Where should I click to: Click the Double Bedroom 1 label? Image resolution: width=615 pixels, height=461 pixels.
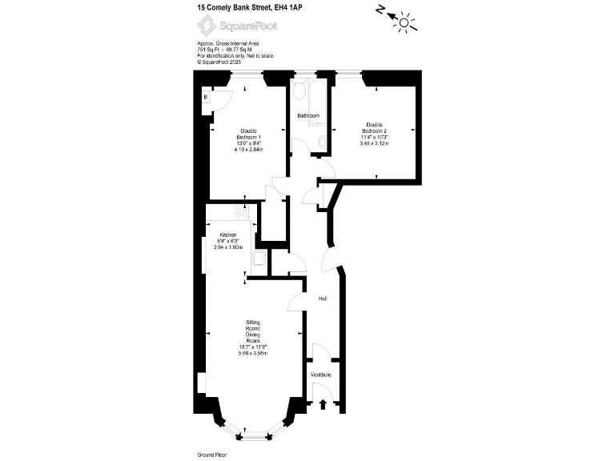(248, 135)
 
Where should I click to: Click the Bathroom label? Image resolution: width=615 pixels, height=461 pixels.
(308, 116)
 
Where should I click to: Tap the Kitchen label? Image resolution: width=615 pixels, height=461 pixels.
(227, 235)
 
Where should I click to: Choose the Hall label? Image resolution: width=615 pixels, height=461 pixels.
(323, 299)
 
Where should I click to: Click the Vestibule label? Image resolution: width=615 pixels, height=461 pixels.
(321, 375)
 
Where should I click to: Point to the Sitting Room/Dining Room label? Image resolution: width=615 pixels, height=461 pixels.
(252, 332)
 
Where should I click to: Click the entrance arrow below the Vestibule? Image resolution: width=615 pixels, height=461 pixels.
(323, 405)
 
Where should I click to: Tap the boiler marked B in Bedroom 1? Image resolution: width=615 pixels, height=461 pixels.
(206, 98)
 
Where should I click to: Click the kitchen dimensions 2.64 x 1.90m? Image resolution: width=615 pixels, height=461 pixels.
(228, 247)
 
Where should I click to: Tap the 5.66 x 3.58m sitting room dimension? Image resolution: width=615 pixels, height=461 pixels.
(252, 353)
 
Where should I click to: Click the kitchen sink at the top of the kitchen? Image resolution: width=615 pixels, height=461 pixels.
(239, 212)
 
